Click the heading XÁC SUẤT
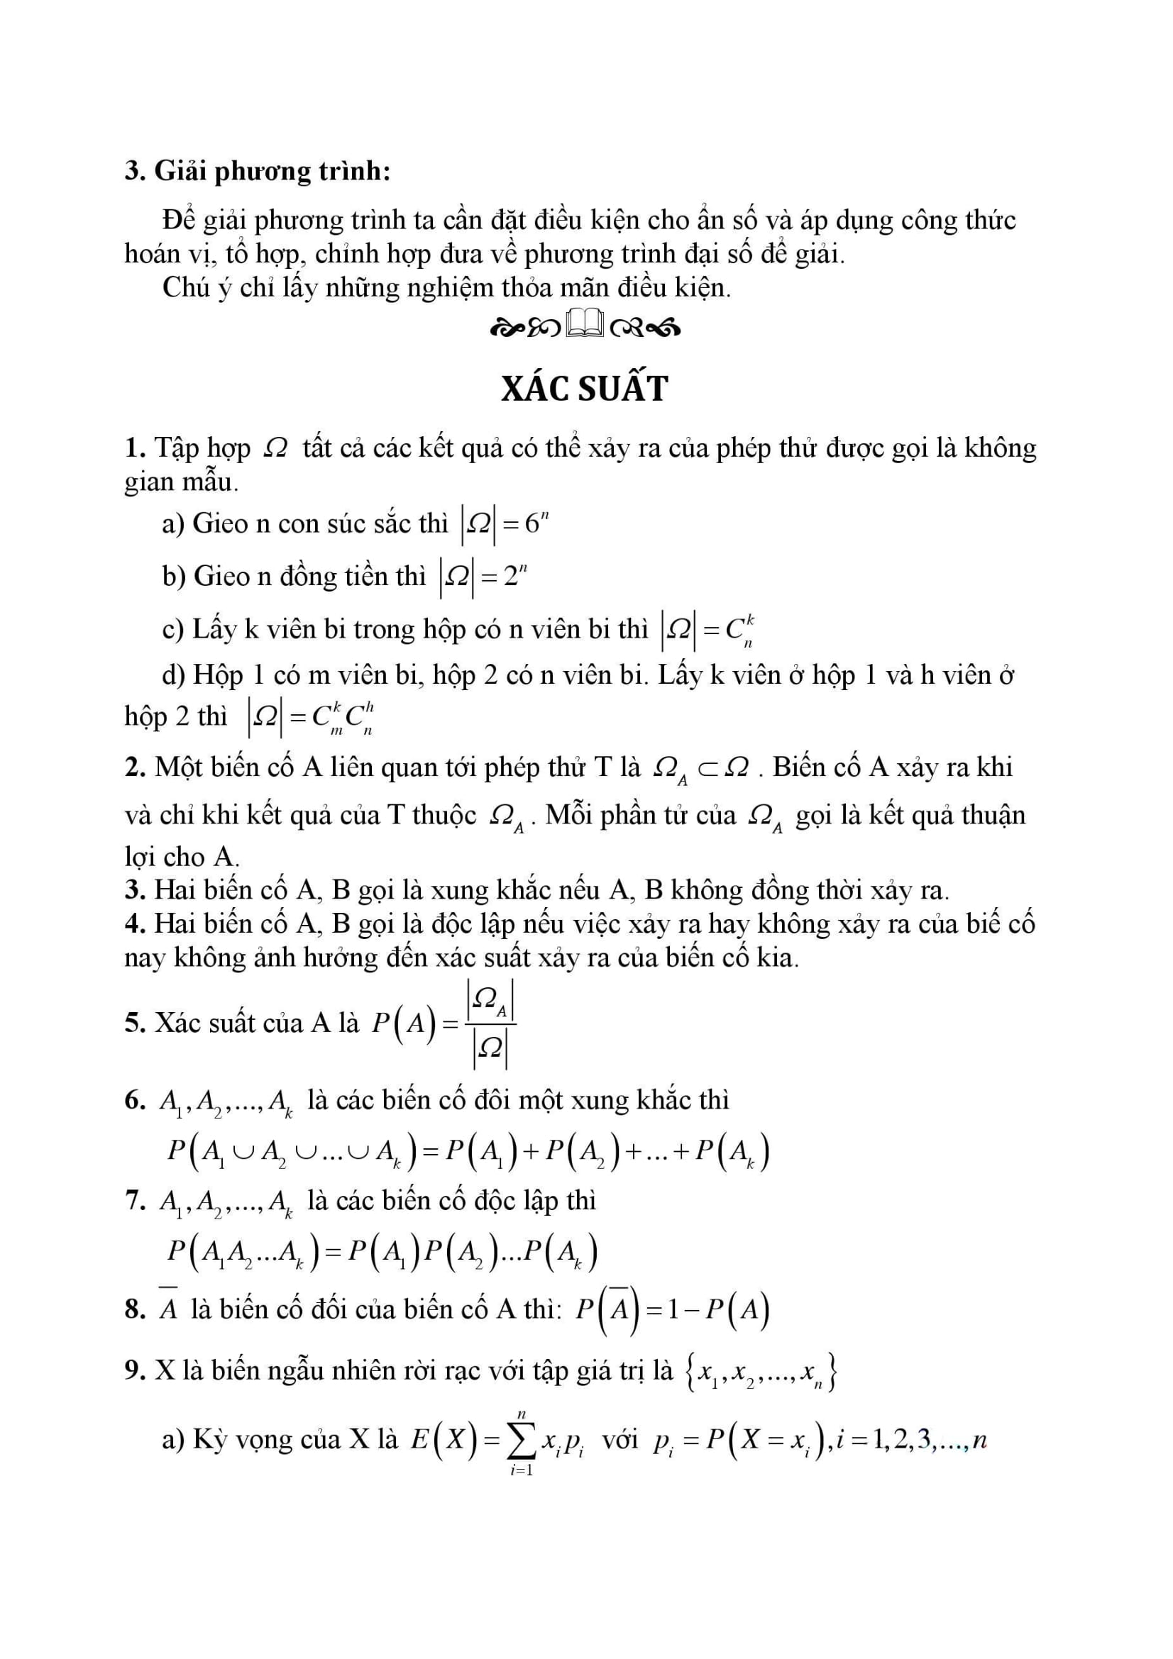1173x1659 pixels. click(x=585, y=389)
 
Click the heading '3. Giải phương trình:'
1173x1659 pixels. click(x=258, y=171)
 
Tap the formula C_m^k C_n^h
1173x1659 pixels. click(x=343, y=717)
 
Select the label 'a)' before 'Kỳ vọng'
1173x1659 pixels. click(x=173, y=1440)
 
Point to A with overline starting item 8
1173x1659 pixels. click(x=168, y=1307)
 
